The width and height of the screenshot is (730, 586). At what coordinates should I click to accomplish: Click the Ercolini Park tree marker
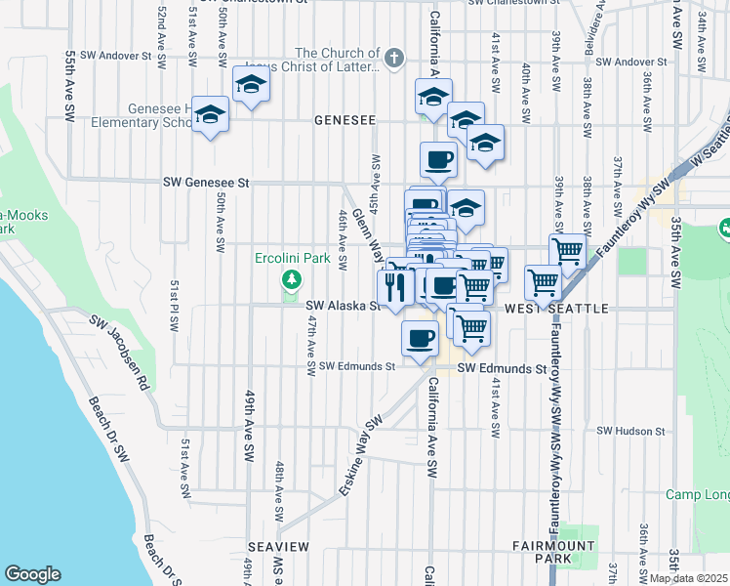(290, 281)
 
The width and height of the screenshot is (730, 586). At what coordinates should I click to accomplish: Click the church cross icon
(394, 57)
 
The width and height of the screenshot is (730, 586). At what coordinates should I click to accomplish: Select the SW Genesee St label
(207, 183)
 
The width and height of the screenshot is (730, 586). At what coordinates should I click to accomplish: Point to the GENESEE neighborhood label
(345, 120)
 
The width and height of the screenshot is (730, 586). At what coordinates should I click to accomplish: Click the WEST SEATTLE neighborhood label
(556, 309)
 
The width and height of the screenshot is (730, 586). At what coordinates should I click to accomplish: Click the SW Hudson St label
(630, 431)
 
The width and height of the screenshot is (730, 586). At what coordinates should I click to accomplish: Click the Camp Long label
(697, 495)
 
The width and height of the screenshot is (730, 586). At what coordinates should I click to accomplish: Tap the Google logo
(32, 574)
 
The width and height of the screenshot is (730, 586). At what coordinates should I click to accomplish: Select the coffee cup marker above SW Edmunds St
(420, 339)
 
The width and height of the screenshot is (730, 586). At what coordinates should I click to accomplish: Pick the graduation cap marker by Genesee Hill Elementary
(210, 115)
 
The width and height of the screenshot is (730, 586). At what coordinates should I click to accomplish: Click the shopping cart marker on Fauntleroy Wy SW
(544, 281)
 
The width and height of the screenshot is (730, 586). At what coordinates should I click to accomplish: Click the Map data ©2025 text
(689, 578)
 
